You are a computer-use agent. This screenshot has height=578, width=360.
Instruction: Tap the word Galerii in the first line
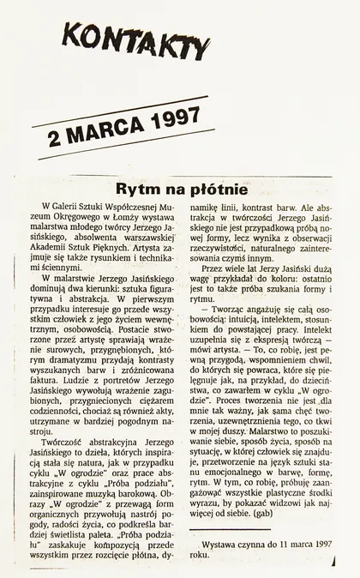coord(72,208)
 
